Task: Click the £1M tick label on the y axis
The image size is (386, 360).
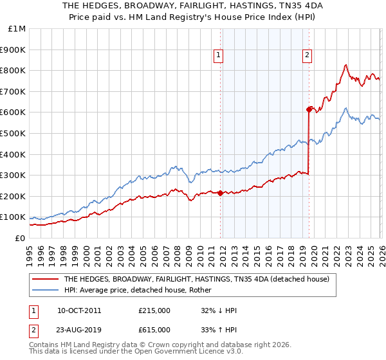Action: (17, 29)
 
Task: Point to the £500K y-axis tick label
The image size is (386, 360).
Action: (14, 134)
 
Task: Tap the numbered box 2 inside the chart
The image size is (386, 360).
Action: (308, 56)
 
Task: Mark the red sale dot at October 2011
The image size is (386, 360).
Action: (219, 193)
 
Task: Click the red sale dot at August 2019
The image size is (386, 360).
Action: (309, 109)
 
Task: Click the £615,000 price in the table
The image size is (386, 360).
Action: (154, 330)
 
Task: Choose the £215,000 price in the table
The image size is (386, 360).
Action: (154, 310)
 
